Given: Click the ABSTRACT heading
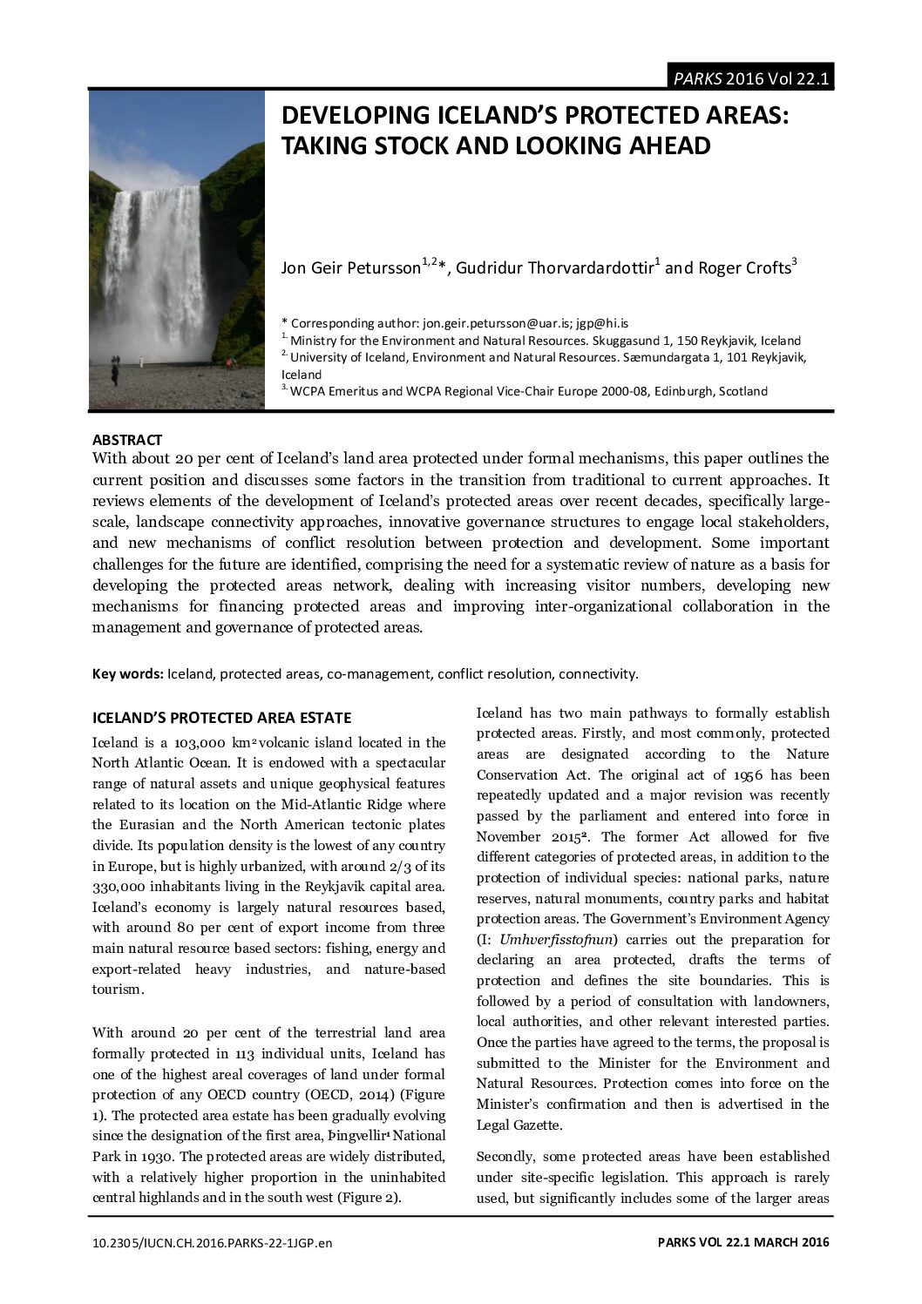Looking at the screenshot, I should pos(127,440).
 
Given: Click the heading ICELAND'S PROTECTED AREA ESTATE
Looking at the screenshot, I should pos(221,718).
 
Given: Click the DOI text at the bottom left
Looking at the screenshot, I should pos(213,1242).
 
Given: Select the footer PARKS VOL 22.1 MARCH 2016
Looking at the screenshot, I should pos(742,1242).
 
